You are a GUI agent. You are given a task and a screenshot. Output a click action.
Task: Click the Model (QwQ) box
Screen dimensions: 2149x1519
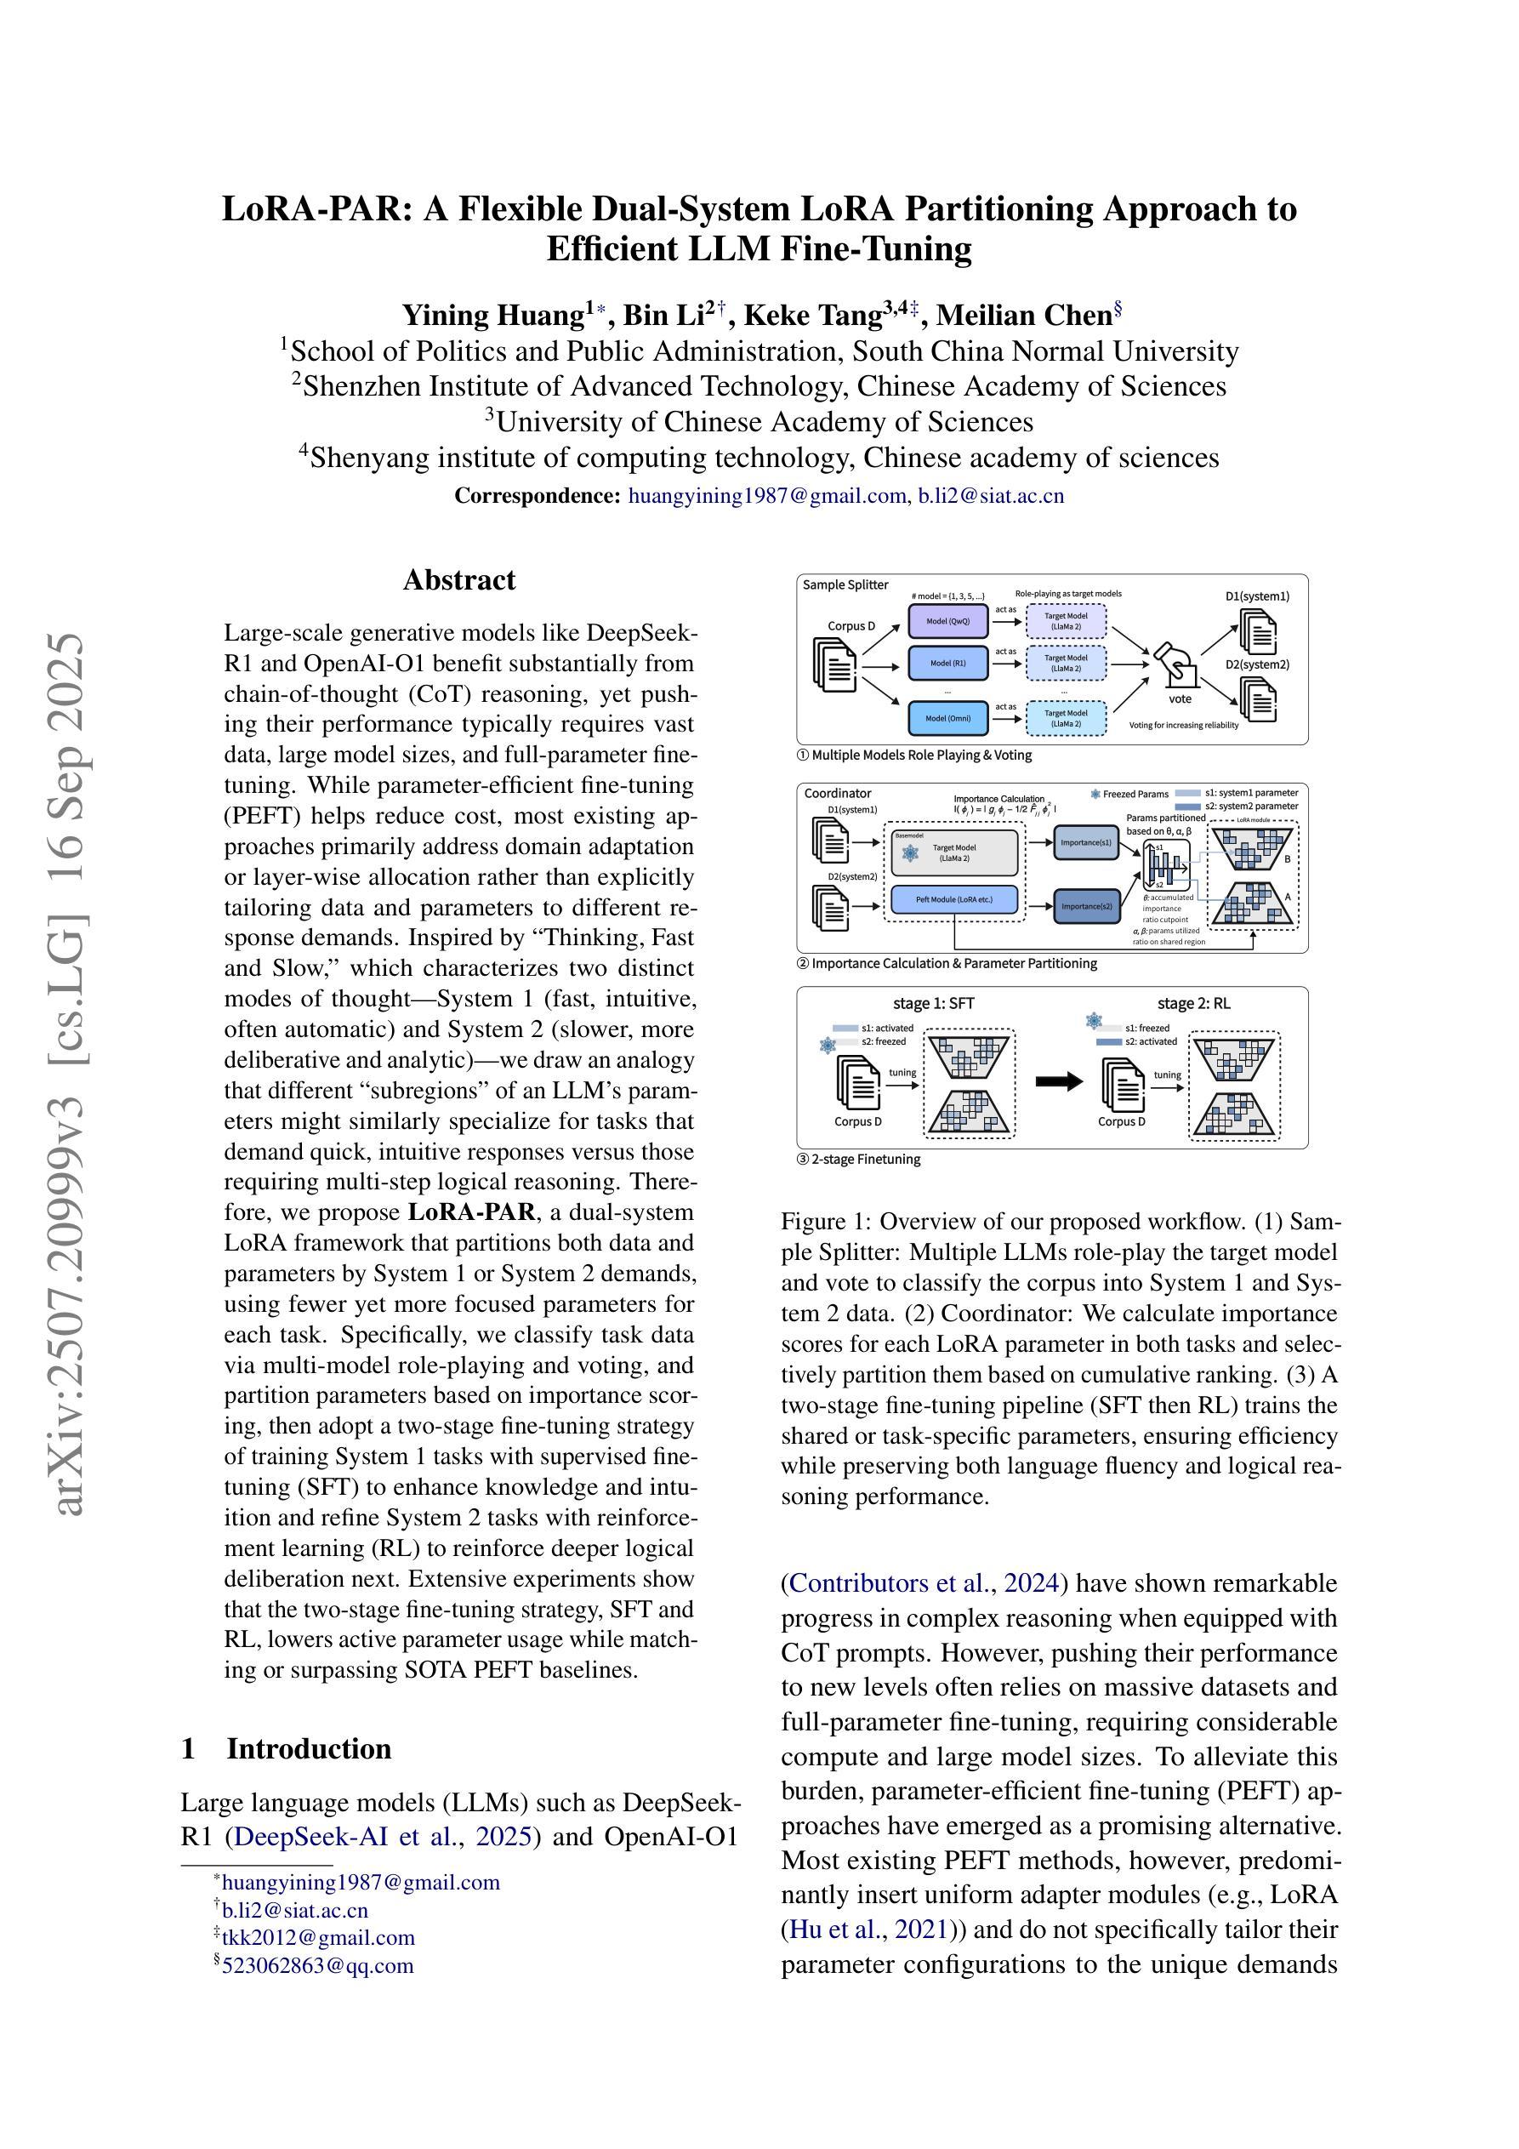[947, 620]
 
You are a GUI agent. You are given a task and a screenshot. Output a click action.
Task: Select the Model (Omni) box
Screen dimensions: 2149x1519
[947, 719]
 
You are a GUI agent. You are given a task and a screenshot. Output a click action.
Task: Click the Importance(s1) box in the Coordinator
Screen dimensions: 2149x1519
[1087, 842]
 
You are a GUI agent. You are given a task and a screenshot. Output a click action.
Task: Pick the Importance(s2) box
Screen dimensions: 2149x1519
[1087, 906]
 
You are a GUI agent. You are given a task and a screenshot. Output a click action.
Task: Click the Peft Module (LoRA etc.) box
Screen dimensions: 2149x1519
[953, 899]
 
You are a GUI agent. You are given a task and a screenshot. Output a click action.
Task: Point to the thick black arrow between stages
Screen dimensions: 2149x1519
[1059, 1082]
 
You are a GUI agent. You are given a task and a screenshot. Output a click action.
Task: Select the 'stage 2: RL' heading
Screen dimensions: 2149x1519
[1193, 1003]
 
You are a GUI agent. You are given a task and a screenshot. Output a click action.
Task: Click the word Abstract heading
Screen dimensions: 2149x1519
[458, 580]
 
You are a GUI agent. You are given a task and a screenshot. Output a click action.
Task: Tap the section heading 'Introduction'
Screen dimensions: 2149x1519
[308, 1749]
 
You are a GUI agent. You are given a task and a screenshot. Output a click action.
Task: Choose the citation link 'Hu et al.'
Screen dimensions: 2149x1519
[837, 1930]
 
